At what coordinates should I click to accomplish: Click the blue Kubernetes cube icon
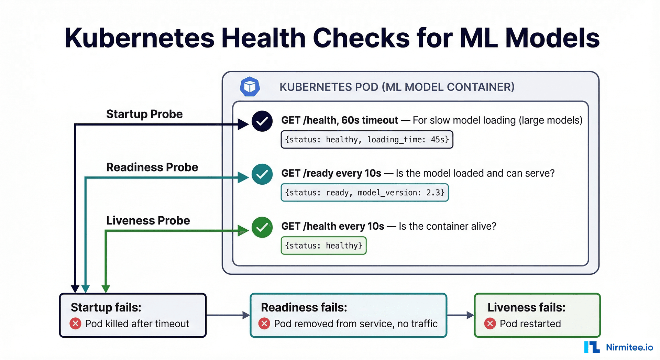pos(250,87)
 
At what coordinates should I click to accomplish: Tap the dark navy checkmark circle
pos(262,121)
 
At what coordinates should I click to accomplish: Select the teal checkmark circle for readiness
pos(262,174)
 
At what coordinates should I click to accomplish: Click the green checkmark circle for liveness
pos(262,227)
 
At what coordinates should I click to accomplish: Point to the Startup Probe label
pos(144,114)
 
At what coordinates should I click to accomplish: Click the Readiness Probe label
pos(152,167)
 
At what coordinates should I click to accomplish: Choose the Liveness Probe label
pos(148,220)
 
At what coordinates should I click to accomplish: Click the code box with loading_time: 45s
pos(367,140)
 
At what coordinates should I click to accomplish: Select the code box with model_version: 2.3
pos(364,193)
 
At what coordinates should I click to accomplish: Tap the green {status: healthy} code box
pos(323,246)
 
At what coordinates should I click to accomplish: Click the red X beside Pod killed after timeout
pos(75,324)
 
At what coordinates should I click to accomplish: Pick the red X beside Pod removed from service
pos(264,324)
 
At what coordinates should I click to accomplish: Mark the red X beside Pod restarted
pos(490,324)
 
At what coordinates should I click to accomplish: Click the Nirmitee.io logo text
pos(629,347)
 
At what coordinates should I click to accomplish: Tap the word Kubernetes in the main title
pos(139,38)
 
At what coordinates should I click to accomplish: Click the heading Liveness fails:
pos(526,307)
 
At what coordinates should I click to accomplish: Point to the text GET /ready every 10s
pos(331,173)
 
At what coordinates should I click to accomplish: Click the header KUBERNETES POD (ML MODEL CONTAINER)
pos(397,87)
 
